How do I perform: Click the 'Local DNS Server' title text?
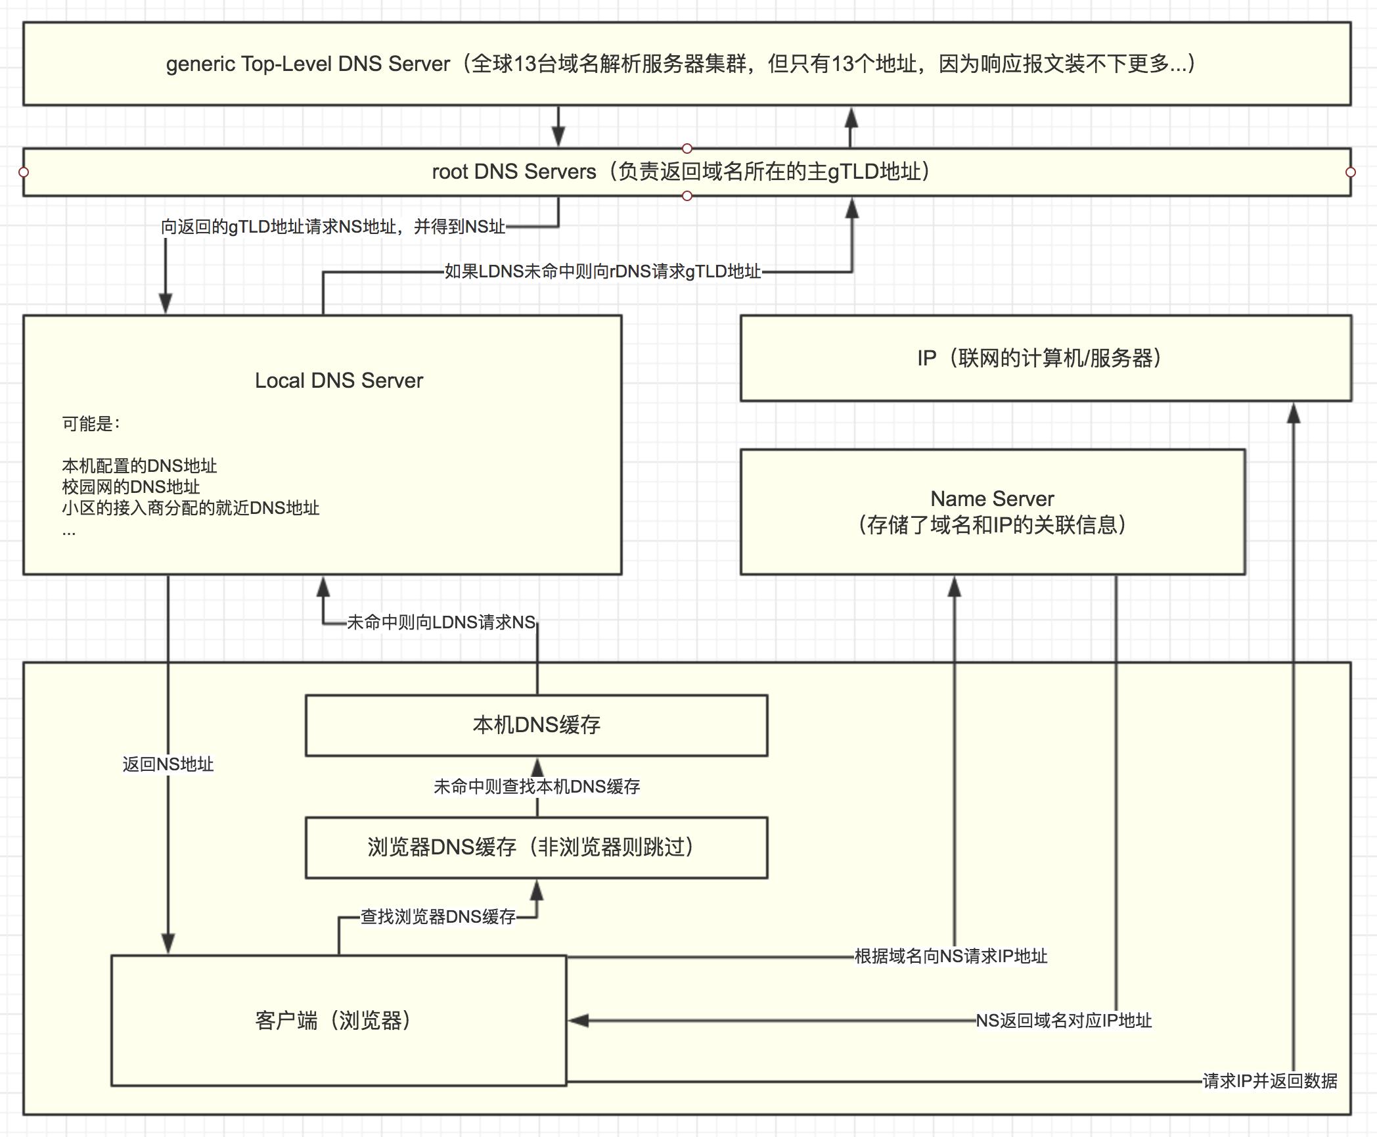339,381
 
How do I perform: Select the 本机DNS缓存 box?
536,725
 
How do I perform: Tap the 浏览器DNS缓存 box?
536,847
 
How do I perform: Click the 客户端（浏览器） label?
333,1020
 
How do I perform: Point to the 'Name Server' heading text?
992,499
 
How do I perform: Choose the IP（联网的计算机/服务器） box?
1045,358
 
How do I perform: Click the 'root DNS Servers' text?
514,172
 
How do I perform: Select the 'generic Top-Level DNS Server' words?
307,64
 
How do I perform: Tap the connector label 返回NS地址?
168,764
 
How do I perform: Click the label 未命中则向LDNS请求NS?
441,622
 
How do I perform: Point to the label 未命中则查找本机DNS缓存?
536,787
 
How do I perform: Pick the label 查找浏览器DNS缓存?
438,917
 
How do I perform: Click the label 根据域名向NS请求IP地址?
951,956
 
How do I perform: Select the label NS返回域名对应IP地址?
1064,1021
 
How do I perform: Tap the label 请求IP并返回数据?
1269,1081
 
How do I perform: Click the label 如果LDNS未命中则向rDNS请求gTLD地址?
602,271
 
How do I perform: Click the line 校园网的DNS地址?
131,487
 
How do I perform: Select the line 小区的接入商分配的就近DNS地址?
191,508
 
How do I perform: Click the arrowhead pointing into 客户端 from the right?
578,1021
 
